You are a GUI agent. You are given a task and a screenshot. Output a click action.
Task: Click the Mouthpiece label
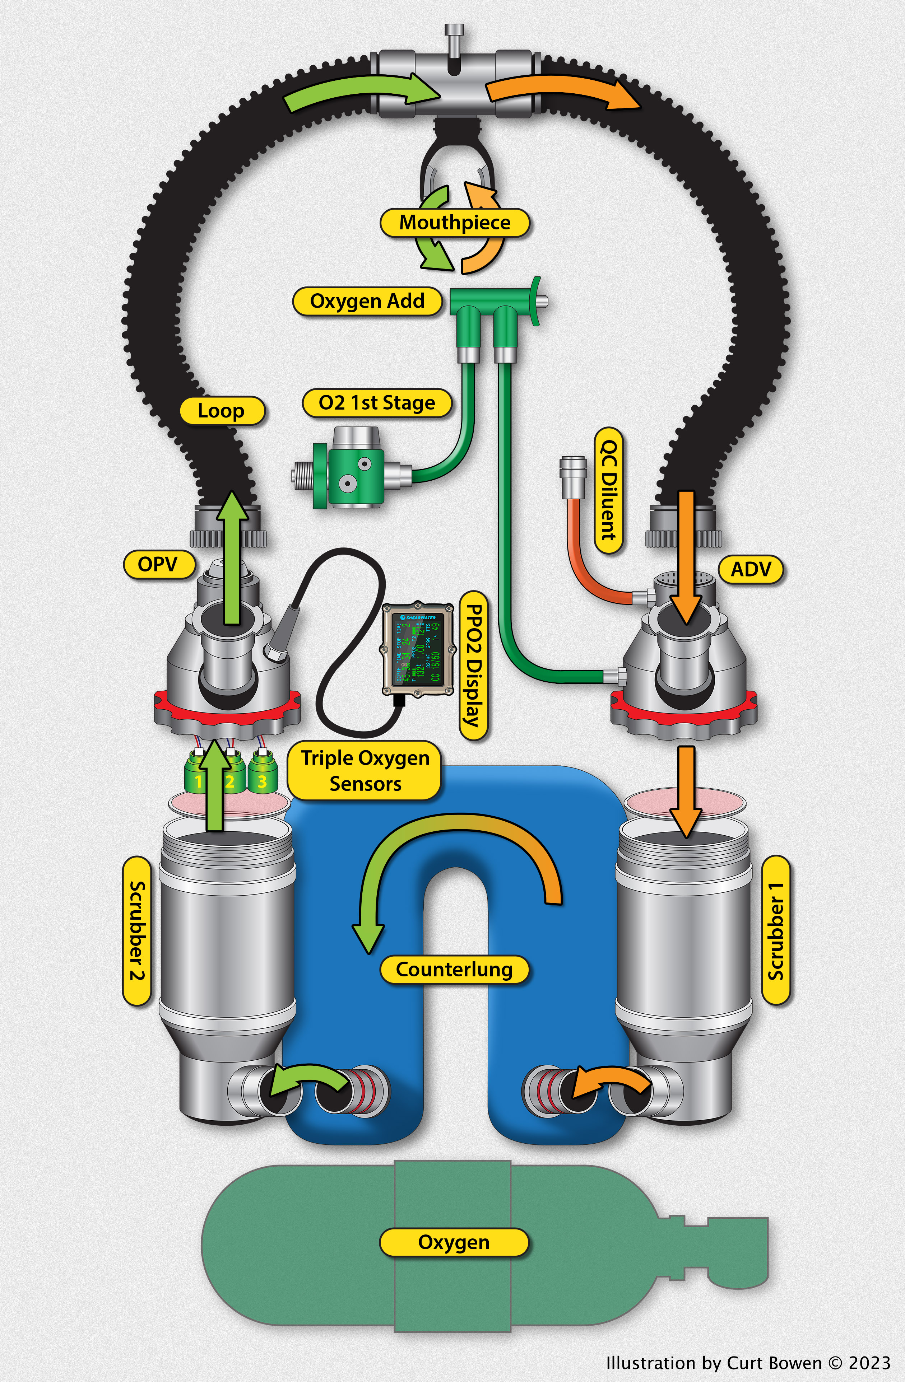[454, 223]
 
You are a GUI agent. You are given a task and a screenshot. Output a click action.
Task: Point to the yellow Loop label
[221, 411]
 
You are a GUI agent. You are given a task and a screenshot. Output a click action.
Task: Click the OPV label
[158, 564]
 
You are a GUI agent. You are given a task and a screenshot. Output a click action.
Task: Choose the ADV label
[751, 569]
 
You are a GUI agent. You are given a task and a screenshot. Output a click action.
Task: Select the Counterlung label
[454, 969]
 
